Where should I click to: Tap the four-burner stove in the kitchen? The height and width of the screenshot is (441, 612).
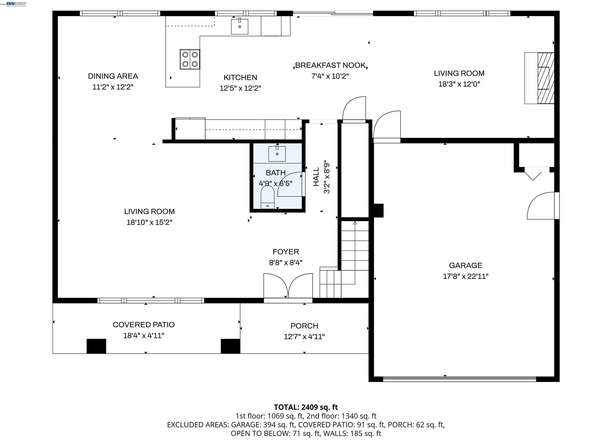tap(190, 59)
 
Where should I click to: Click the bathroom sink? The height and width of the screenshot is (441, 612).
tap(277, 154)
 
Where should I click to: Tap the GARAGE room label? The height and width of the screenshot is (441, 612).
tap(466, 265)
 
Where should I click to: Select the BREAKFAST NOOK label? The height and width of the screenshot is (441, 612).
tap(330, 65)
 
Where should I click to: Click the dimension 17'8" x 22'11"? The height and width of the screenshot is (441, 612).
tap(466, 276)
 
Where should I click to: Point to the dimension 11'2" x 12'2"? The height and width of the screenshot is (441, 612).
tap(113, 87)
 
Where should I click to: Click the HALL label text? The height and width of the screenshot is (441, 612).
tap(316, 177)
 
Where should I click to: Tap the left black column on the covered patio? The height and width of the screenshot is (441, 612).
tap(96, 346)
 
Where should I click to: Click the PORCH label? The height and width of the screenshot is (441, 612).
tap(304, 326)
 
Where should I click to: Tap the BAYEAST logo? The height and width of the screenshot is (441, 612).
tap(16, 4)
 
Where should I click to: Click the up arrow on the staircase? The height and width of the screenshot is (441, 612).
tap(355, 223)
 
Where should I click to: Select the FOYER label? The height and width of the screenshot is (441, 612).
tap(285, 252)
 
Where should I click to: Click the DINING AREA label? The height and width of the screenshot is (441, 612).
tap(113, 76)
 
